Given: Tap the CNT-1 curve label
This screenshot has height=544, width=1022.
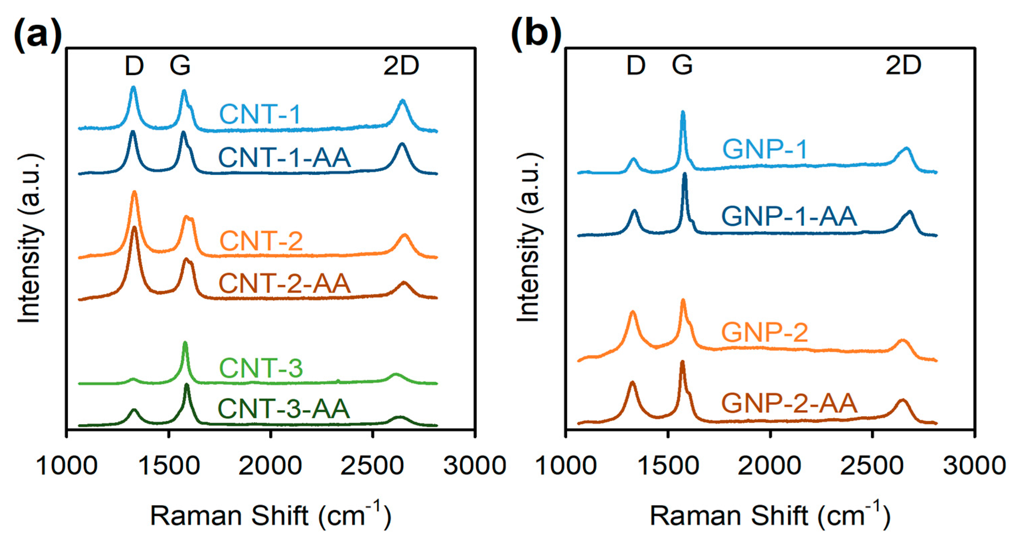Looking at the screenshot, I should pos(260,114).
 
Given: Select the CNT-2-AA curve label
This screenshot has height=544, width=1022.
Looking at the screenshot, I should pos(284,284).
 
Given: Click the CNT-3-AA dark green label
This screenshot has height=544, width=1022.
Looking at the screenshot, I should pos(284,409).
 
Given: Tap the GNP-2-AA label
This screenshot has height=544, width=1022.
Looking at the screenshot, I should pos(789,403).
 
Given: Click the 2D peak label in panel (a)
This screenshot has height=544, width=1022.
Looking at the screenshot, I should pos(401,66).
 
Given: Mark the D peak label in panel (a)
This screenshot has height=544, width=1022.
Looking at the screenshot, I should pos(134,66).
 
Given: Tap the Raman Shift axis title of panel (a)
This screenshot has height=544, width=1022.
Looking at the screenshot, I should pos(271,516).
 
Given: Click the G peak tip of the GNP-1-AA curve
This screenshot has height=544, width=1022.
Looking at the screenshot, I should pos(684,174).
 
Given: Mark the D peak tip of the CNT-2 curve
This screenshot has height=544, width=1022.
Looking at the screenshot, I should pos(134,192).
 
